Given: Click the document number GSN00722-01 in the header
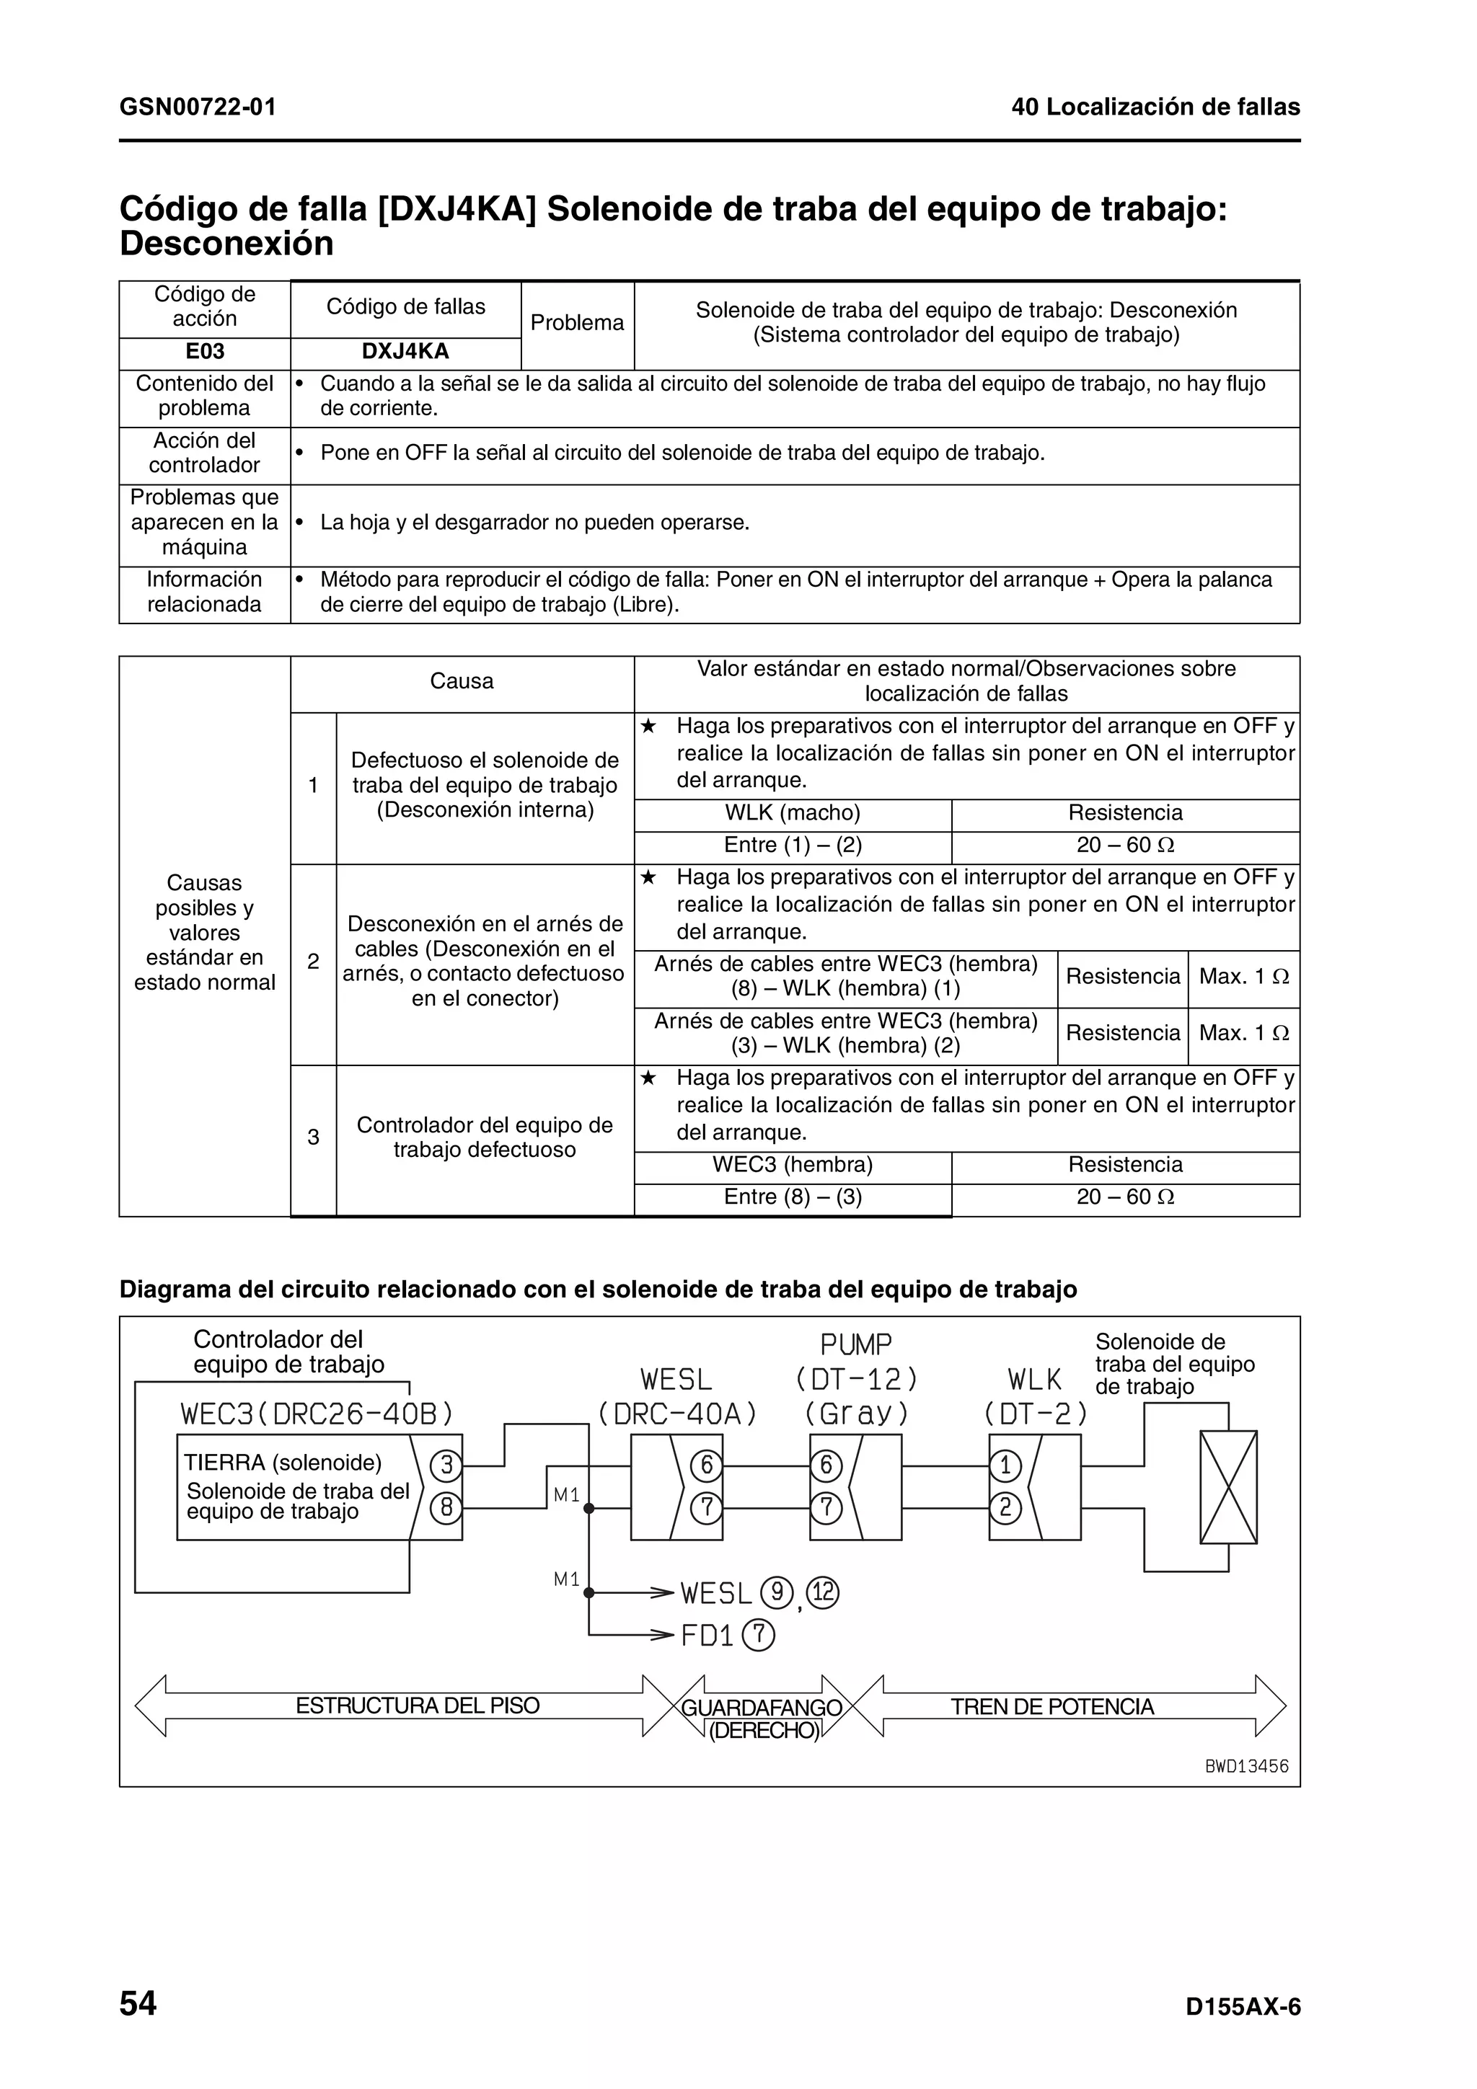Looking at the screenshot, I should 198,107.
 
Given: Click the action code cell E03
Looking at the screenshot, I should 205,352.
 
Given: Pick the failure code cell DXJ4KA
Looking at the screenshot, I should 405,352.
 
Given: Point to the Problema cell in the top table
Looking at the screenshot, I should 577,323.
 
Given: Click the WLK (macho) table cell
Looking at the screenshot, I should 792,813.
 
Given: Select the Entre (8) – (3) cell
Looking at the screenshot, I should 792,1197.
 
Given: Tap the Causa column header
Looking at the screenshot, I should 462,681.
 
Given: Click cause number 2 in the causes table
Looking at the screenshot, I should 313,962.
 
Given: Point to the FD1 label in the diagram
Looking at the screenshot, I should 707,1637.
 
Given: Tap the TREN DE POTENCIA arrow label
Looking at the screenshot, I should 1052,1707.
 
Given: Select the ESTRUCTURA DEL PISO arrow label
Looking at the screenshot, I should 417,1706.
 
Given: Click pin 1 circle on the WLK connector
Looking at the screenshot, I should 1005,1465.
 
